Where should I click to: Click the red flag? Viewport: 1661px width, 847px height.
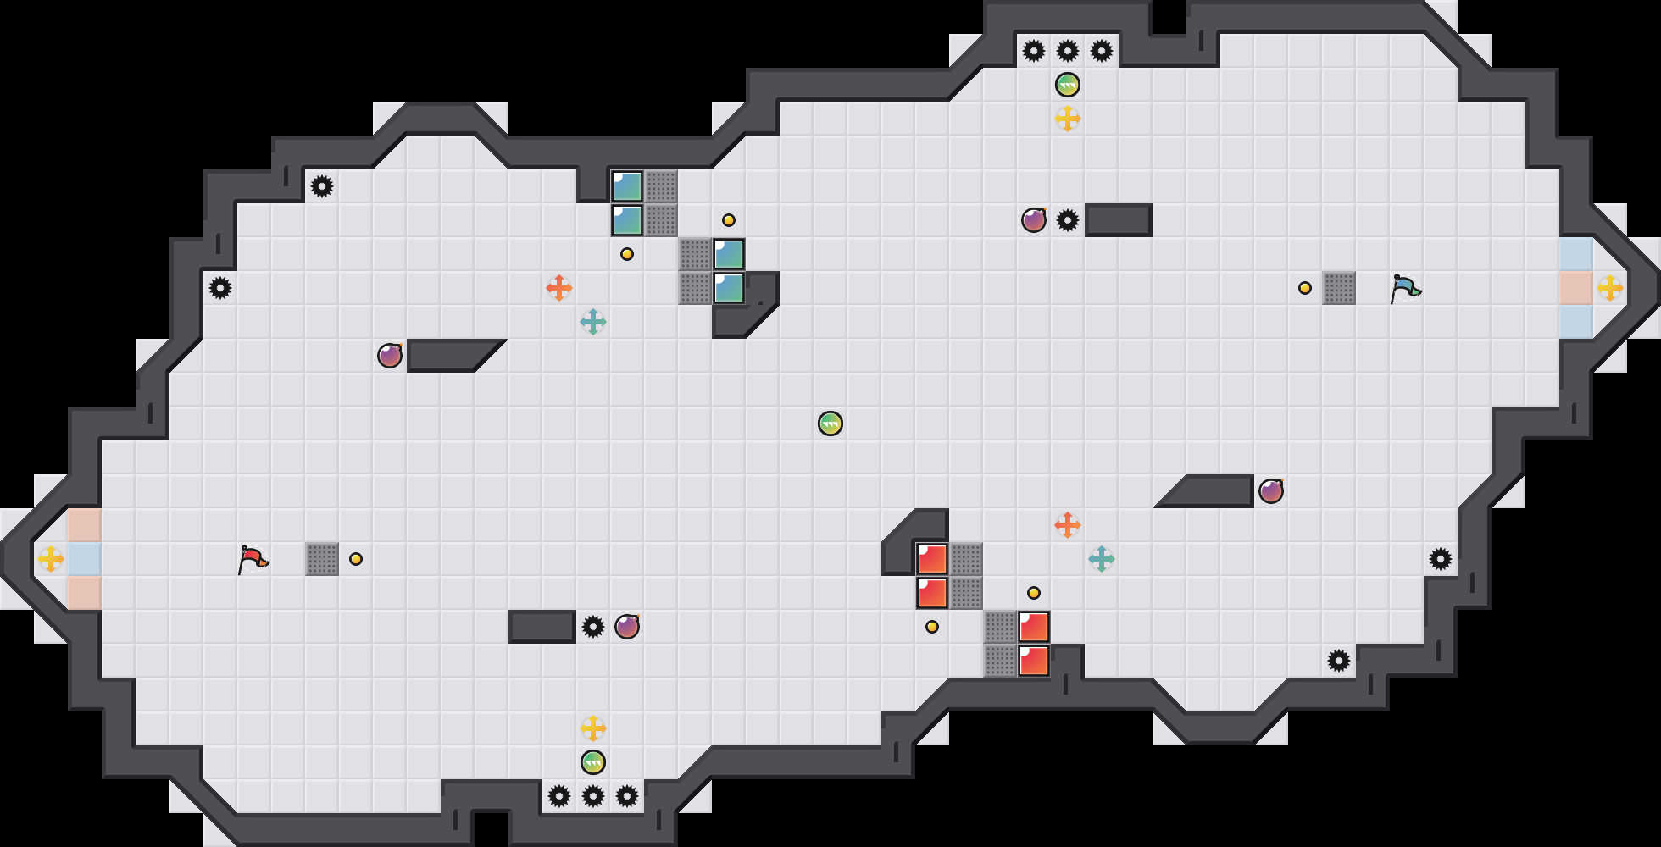[x=253, y=558]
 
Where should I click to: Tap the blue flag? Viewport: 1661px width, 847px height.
[x=1405, y=287]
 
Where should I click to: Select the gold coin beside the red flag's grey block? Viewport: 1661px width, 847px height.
[x=356, y=559]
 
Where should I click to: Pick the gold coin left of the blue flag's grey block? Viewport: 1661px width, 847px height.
[x=1305, y=288]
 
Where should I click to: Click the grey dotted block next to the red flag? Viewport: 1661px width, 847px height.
[x=322, y=559]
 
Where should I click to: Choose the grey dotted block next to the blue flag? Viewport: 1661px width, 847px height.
[x=1339, y=288]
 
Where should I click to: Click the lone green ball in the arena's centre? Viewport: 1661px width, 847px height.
[x=830, y=423]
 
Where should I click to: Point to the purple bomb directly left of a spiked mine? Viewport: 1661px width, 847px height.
[x=1034, y=220]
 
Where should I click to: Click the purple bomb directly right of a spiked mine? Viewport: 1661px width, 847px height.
[x=627, y=627]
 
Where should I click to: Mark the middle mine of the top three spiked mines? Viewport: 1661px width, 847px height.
[x=1068, y=51]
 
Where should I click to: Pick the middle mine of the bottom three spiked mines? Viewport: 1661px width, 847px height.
[x=593, y=796]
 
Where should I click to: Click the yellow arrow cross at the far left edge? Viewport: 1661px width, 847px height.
[x=51, y=559]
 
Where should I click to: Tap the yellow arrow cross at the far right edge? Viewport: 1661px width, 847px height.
[x=1610, y=288]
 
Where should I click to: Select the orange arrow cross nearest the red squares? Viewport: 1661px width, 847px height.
[x=1068, y=525]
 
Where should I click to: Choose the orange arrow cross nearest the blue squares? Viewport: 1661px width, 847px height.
[x=559, y=288]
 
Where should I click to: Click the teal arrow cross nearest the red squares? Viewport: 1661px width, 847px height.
[x=1102, y=559]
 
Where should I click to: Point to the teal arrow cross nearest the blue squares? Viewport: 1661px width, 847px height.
[x=593, y=322]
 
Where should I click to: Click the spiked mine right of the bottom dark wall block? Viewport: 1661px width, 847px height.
[x=593, y=627]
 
